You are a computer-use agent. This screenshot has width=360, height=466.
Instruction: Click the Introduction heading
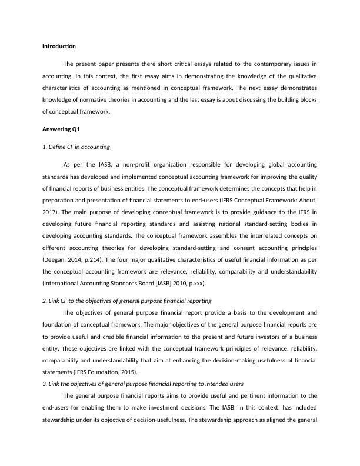pos(59,46)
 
